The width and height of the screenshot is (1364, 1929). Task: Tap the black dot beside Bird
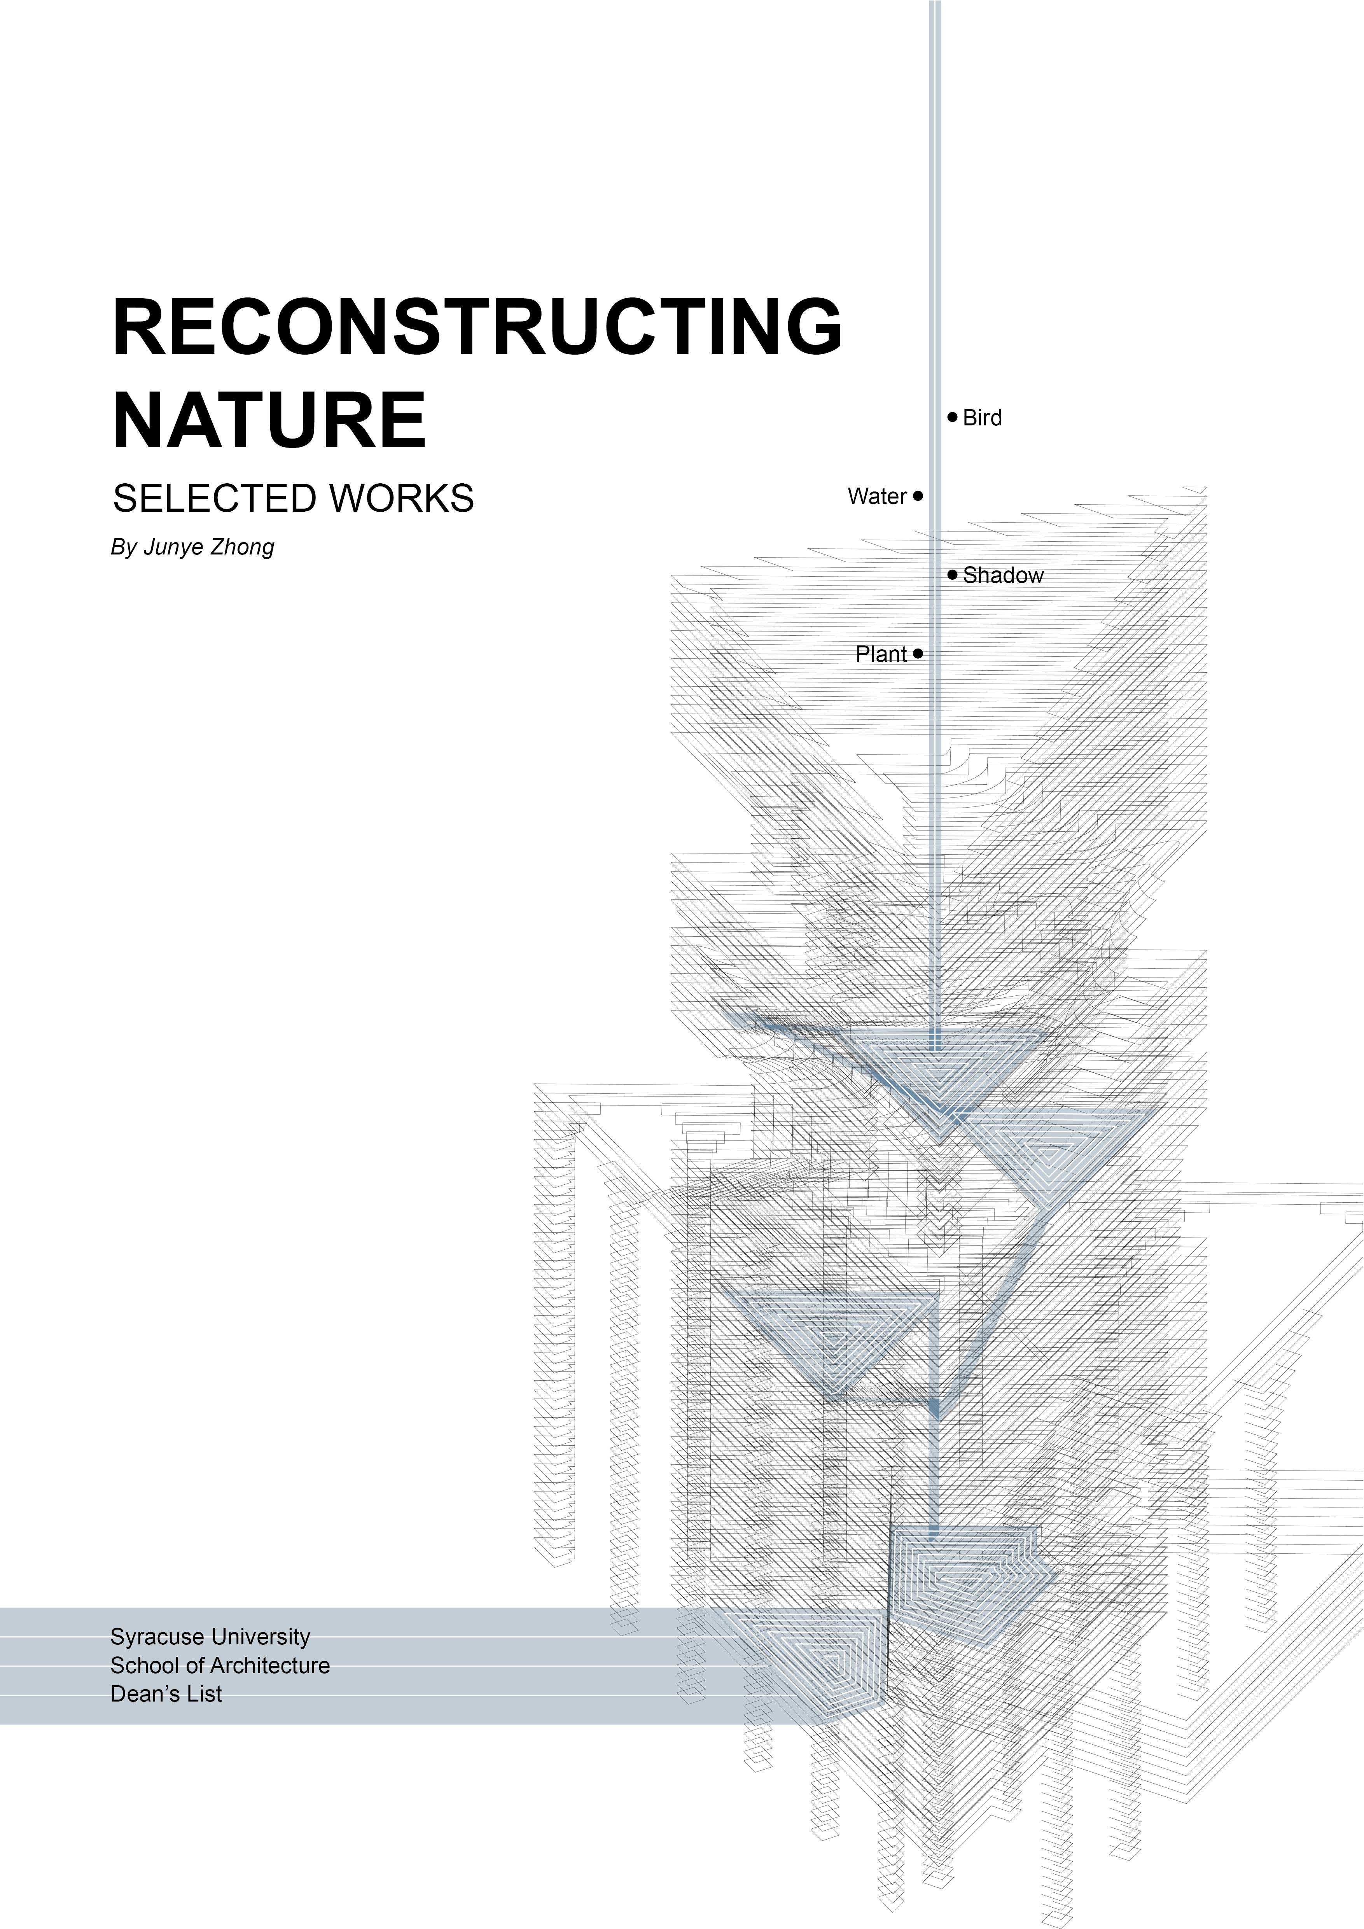click(x=953, y=417)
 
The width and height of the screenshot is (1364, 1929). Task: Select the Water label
click(x=877, y=497)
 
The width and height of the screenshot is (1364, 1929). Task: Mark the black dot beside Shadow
click(x=953, y=575)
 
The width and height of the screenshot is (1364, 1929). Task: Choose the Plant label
click(x=881, y=654)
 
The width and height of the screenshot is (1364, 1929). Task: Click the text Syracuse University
click(x=210, y=1637)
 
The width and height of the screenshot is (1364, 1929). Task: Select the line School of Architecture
click(x=220, y=1665)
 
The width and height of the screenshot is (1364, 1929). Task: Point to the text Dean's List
click(x=166, y=1694)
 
